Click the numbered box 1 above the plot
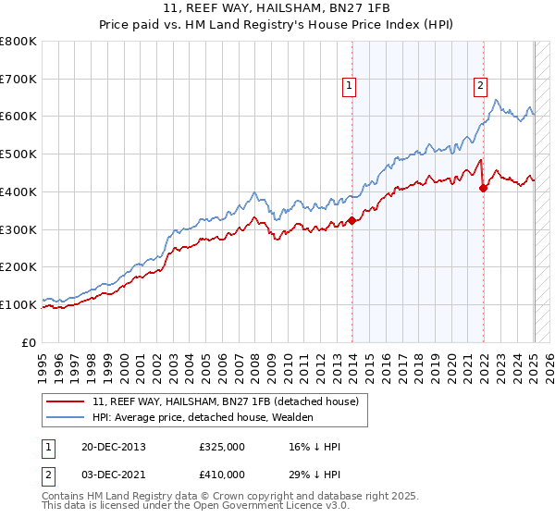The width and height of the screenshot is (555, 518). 350,87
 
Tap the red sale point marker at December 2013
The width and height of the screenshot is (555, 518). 352,220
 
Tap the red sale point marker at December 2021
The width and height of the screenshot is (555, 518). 483,188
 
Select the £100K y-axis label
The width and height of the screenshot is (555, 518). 18,304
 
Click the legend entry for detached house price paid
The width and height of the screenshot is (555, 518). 230,401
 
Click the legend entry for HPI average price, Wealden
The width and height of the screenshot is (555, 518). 203,417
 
